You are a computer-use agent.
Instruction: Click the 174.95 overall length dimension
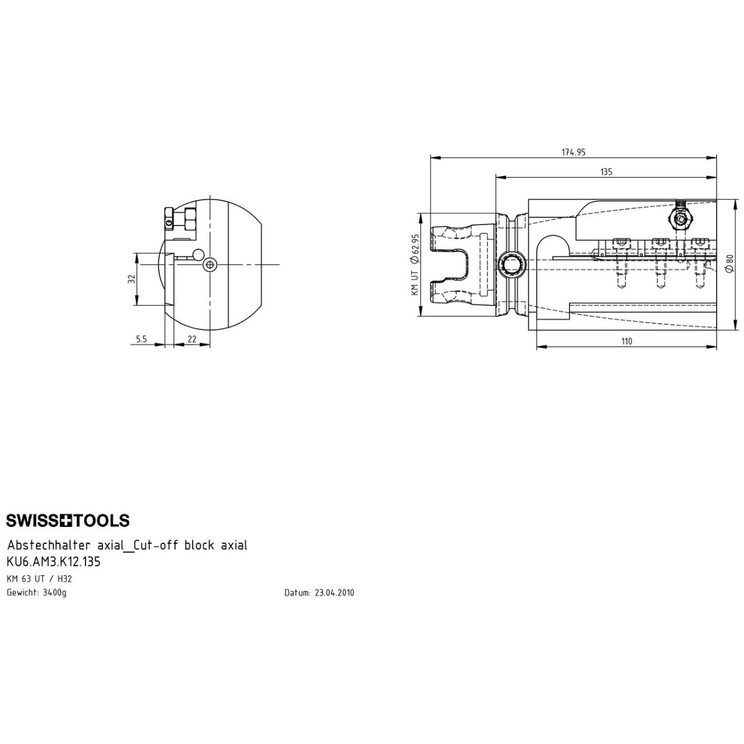(573, 152)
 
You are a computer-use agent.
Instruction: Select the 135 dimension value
(606, 172)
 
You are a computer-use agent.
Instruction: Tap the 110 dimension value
(626, 341)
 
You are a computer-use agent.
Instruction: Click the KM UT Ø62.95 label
(415, 265)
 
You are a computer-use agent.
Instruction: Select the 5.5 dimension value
(141, 339)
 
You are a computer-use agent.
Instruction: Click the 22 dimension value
(192, 339)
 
